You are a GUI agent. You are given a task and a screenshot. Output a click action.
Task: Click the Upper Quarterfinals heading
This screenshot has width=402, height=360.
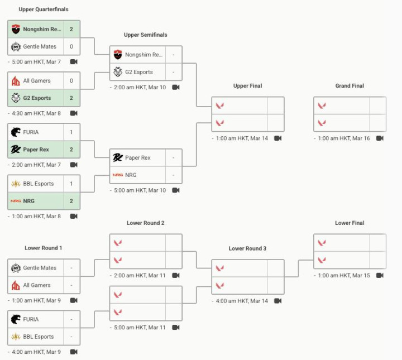(x=44, y=9)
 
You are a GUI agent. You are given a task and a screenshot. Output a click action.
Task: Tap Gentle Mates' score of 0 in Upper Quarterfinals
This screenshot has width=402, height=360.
(x=71, y=46)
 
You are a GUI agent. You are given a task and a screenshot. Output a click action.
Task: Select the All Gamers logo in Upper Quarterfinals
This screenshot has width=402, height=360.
(x=16, y=81)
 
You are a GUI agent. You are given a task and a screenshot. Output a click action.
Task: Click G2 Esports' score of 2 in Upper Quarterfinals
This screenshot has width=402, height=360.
(x=71, y=98)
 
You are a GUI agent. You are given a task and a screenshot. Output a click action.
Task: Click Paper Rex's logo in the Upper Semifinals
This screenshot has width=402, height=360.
(x=118, y=158)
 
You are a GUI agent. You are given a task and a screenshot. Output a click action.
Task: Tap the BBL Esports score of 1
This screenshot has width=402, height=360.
(x=71, y=184)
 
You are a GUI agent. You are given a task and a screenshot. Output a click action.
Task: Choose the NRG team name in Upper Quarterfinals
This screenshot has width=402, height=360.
(x=30, y=201)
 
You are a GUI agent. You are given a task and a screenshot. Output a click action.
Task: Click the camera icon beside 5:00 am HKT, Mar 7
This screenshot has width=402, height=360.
(x=74, y=62)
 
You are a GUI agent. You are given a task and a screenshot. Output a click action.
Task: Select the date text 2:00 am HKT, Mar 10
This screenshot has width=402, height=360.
(x=140, y=88)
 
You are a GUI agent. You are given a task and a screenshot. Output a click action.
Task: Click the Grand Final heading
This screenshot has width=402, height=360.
(x=350, y=86)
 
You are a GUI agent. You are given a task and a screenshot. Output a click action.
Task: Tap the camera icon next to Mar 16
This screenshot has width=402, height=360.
(x=380, y=138)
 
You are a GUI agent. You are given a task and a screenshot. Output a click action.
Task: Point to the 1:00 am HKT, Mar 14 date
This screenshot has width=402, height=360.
(x=242, y=138)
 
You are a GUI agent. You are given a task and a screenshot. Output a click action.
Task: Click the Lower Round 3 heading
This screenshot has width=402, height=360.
(x=248, y=248)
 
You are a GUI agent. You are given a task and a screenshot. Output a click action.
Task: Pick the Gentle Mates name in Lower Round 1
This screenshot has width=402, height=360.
(x=40, y=268)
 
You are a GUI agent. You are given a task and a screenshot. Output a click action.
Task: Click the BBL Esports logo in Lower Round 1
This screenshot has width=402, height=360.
(x=16, y=337)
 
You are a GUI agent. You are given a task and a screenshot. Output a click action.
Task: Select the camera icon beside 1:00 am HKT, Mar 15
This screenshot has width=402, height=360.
(x=380, y=276)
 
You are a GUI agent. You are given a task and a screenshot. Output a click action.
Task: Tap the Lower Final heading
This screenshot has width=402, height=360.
(x=350, y=223)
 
